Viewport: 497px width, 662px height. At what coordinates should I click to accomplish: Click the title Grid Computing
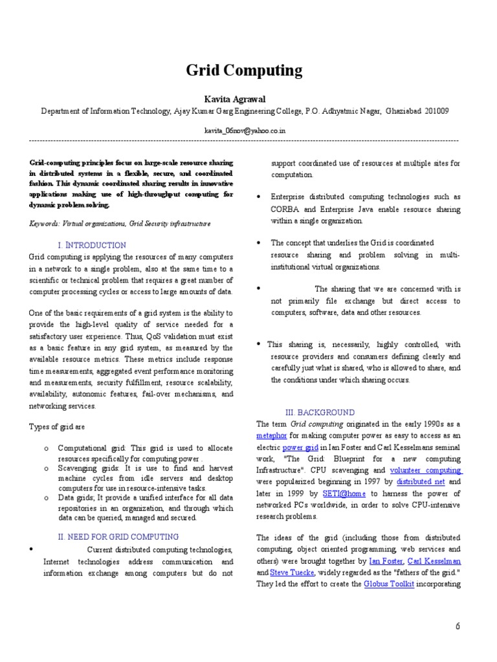coord(244,70)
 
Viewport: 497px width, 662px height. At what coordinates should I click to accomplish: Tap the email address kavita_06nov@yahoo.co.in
coord(245,130)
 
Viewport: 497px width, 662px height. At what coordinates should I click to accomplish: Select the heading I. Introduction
coord(92,245)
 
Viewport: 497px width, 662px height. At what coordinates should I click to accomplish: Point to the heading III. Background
coord(320,412)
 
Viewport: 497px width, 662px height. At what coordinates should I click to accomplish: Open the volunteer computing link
coord(425,471)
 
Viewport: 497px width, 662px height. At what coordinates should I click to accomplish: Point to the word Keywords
coord(44,223)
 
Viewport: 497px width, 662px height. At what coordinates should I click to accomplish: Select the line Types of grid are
coord(57,427)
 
